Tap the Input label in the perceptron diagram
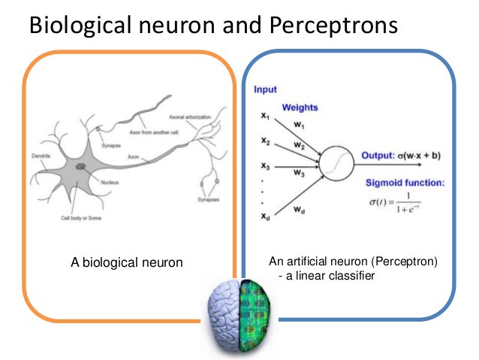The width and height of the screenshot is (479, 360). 266,89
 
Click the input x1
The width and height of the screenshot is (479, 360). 265,117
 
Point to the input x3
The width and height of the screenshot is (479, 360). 265,165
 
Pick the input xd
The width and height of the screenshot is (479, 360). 265,216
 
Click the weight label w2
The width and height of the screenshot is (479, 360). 300,144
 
